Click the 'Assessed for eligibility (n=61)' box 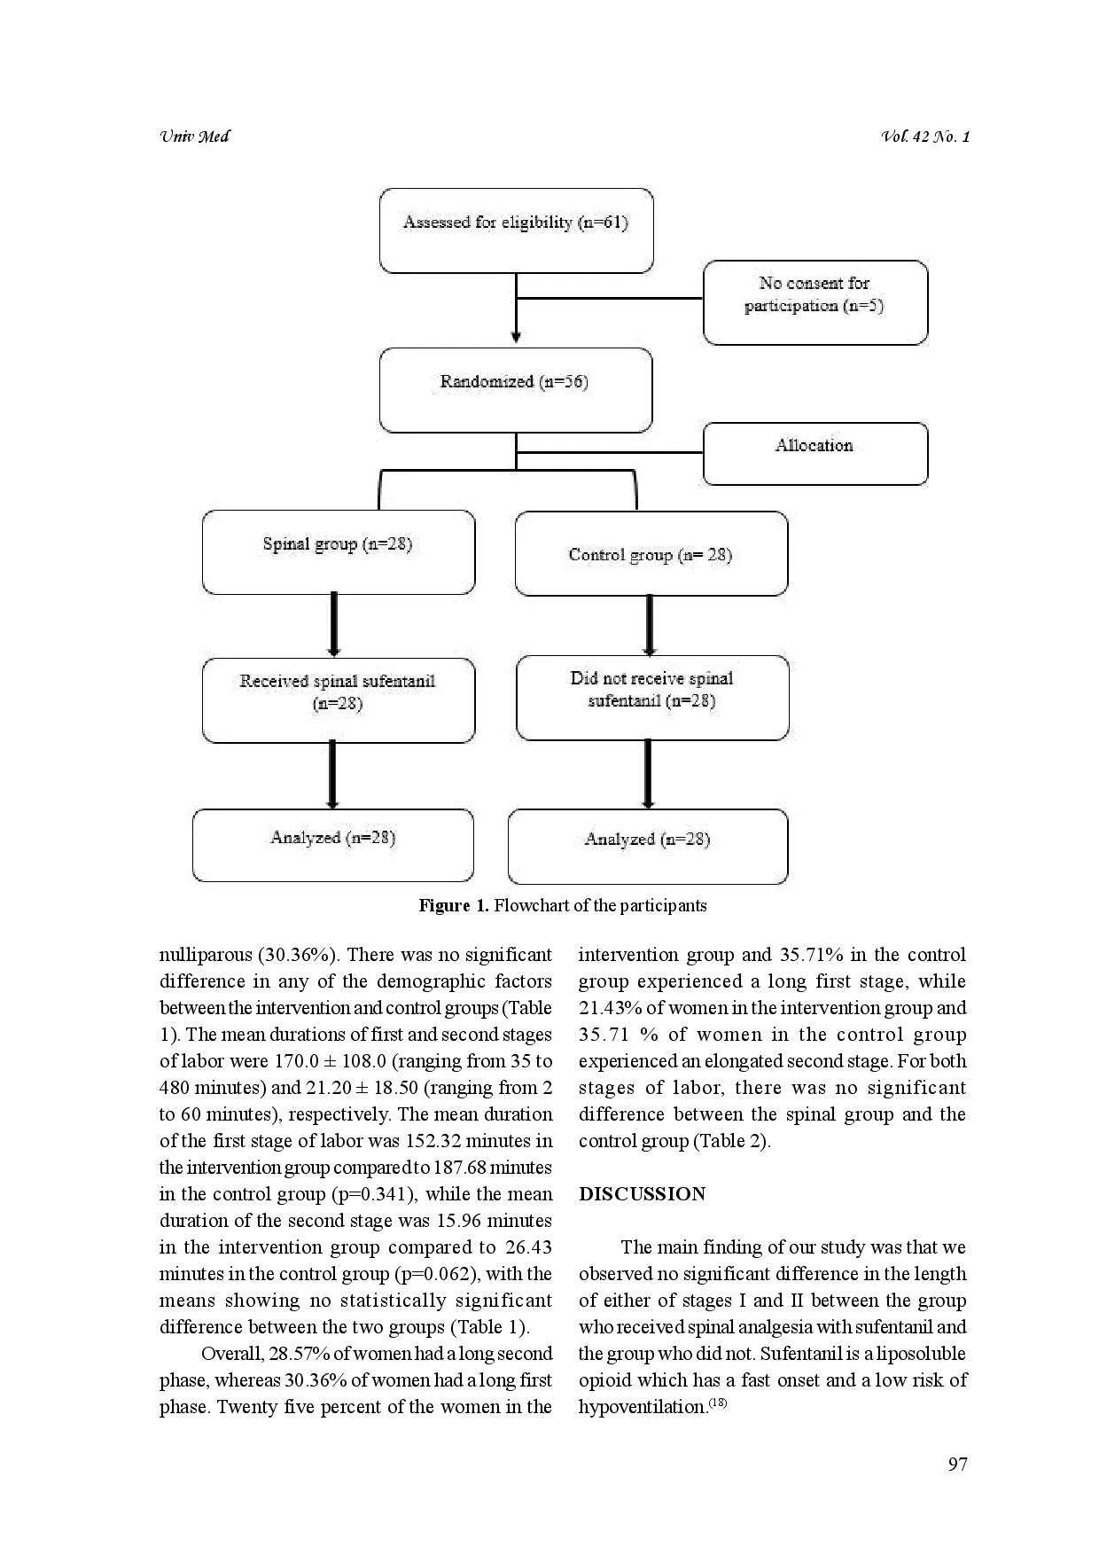click(x=516, y=231)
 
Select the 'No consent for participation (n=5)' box click(x=815, y=302)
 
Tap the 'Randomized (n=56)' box click(x=516, y=390)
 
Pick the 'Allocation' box click(x=815, y=454)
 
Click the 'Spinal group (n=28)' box click(x=338, y=551)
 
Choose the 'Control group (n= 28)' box click(x=651, y=553)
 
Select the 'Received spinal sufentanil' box click(x=338, y=699)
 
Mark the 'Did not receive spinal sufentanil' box click(x=651, y=698)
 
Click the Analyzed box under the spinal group click(x=332, y=845)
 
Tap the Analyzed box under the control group click(x=647, y=847)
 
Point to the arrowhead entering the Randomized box click(x=516, y=337)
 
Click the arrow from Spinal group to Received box click(x=334, y=625)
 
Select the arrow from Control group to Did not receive click(x=650, y=624)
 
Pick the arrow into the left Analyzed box click(x=332, y=775)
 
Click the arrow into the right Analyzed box click(x=648, y=774)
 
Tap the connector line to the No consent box click(x=610, y=298)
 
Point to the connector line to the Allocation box click(x=610, y=453)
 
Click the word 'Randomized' click(x=487, y=382)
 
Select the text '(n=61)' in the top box click(x=603, y=223)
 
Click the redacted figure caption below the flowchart click(x=564, y=906)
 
